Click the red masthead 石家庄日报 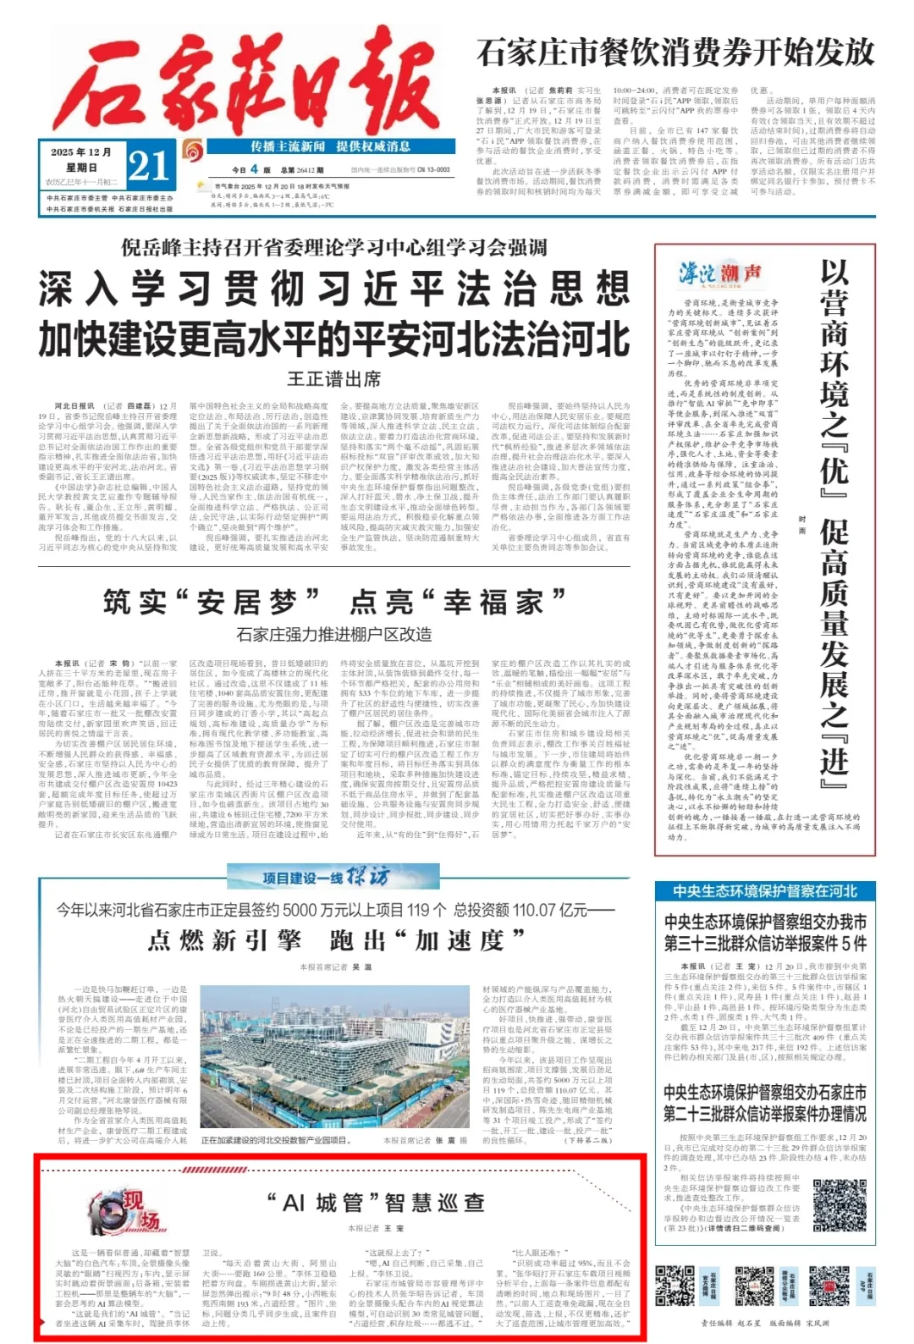click(245, 80)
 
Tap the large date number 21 click(149, 165)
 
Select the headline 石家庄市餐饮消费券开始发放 click(674, 52)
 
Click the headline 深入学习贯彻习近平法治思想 click(333, 289)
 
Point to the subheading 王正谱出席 click(333, 378)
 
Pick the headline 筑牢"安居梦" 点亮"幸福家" click(333, 602)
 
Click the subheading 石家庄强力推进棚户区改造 click(333, 634)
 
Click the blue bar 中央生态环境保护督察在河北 click(765, 891)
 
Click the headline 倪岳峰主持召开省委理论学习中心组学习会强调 click(333, 248)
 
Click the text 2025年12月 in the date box click(81, 152)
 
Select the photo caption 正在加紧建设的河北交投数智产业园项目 click(274, 1141)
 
